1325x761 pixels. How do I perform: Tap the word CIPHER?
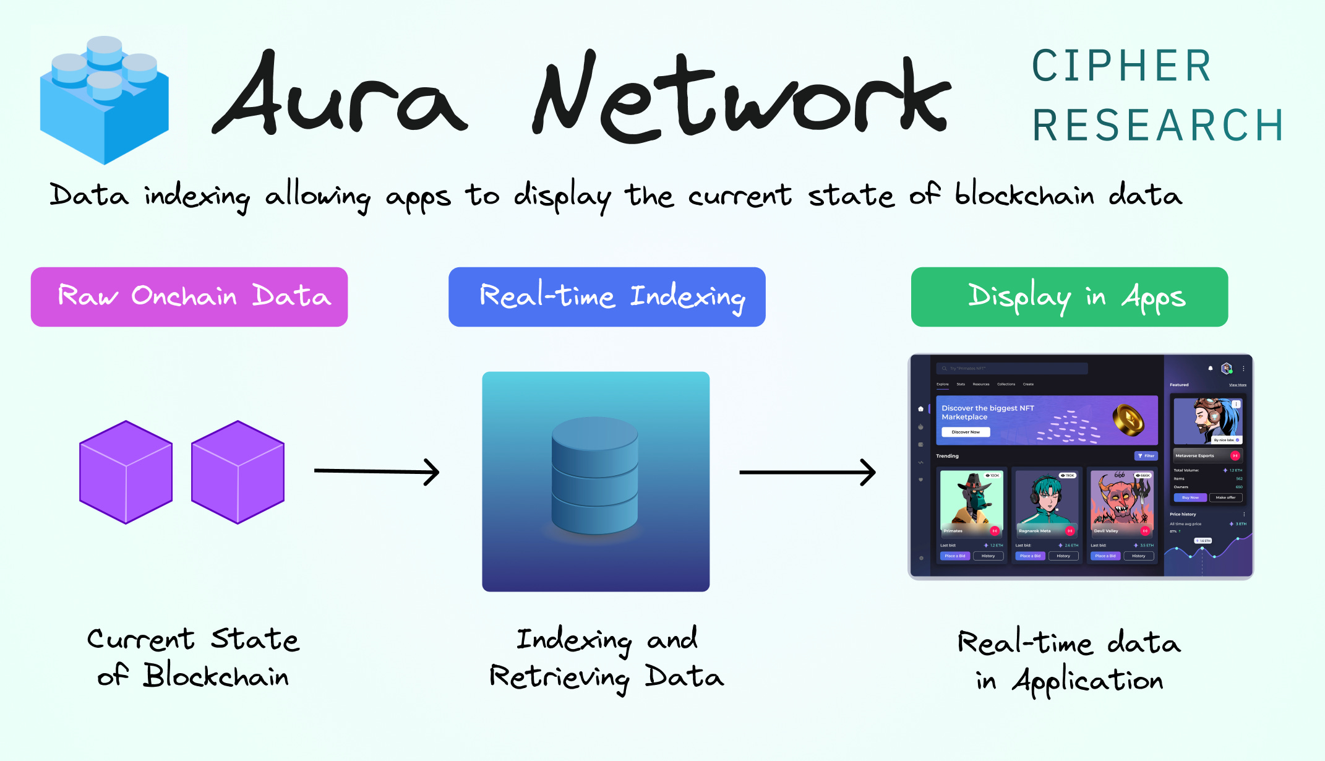[x=1121, y=66]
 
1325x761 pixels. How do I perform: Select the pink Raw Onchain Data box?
[x=189, y=297]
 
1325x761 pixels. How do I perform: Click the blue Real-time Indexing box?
[x=607, y=297]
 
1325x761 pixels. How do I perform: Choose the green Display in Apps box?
[x=1069, y=297]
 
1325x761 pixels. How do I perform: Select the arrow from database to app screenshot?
[x=807, y=473]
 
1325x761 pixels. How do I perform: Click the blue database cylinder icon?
[x=594, y=475]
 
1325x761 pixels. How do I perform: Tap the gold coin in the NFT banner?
[x=1128, y=420]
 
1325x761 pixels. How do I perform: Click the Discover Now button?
[x=966, y=432]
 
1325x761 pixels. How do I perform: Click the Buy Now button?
[x=1190, y=497]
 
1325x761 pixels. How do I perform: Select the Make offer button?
[x=1225, y=497]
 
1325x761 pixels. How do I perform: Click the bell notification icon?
[x=1211, y=368]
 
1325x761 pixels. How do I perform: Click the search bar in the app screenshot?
[x=1011, y=368]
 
